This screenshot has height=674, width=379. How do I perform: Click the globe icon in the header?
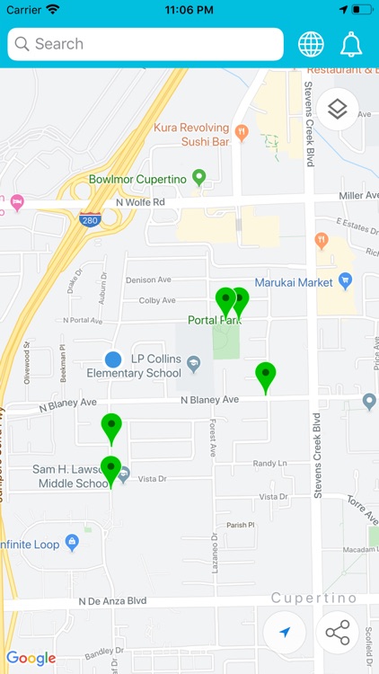312,44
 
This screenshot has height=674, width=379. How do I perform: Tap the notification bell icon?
351,44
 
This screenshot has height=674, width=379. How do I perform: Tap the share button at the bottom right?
338,633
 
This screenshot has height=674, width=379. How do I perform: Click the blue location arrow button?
285,633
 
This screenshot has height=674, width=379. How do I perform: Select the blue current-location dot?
112,359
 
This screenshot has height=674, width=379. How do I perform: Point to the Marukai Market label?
293,282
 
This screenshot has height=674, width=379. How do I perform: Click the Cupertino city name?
313,599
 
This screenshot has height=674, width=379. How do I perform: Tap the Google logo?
31,658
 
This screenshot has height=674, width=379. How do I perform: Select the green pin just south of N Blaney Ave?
111,427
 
